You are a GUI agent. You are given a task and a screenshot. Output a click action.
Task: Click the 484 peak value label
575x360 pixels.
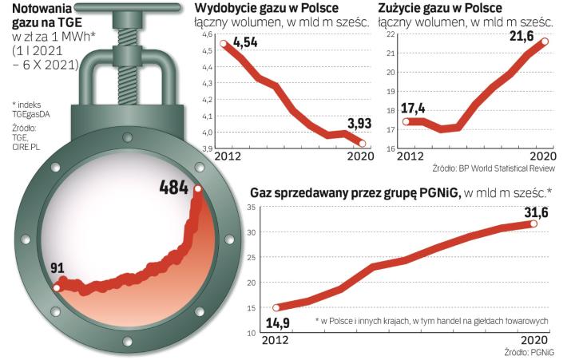172,188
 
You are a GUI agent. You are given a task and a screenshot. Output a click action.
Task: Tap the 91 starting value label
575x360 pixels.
57,266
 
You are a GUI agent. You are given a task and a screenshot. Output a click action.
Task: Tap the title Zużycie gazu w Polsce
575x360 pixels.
435,10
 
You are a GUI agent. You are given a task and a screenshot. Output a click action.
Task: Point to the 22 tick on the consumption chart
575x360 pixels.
391,35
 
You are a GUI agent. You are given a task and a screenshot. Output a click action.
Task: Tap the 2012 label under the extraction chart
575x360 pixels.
210,157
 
